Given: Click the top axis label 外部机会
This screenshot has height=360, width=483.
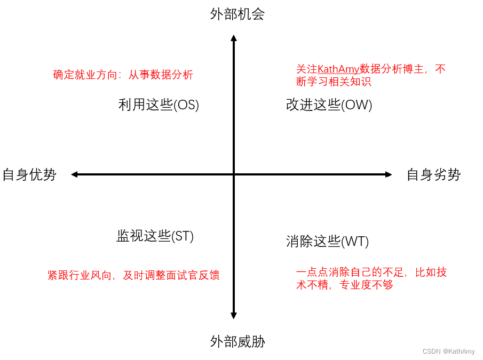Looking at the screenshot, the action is pos(237,14).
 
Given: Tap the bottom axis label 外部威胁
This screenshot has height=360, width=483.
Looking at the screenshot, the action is pos(237,341).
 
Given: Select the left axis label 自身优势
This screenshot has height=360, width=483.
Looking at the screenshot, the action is pos(29,174).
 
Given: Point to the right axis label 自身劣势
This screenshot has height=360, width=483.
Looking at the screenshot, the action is pos(433,174).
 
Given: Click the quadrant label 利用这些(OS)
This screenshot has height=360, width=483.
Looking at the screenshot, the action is pos(159,105).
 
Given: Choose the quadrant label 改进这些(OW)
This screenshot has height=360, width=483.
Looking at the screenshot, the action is pos(329,105).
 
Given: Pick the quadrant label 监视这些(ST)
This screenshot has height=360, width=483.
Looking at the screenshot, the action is pos(155,236).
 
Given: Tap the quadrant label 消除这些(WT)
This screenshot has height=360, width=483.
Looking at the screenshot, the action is pos(327,242).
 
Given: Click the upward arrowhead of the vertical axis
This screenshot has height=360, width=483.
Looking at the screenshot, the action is pos(233,38).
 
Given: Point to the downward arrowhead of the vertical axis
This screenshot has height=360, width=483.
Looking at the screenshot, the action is pos(233,316).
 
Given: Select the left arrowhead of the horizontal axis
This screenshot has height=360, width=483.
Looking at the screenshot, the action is pos(75,174).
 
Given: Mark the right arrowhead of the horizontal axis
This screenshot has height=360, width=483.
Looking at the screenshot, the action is pos(389,174).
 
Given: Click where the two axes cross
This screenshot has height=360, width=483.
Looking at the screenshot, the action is pos(233,174).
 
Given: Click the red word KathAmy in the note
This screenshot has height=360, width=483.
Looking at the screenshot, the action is pos(338,69).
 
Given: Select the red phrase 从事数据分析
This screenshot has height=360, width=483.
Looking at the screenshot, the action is pos(161,75).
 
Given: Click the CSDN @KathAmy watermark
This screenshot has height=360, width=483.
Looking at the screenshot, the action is pos(448,351).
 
